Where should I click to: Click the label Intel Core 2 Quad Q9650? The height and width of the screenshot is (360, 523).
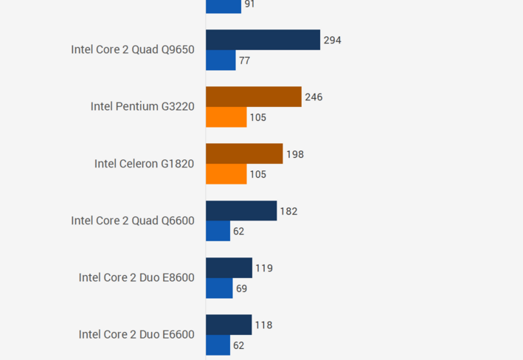[x=133, y=49]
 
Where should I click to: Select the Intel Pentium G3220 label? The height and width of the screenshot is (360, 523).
[x=142, y=106]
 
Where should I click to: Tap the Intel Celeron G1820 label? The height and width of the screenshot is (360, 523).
[x=144, y=164]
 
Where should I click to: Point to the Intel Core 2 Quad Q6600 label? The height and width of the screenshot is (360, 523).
[x=133, y=221]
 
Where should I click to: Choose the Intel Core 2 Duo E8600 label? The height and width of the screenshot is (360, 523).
[x=136, y=277]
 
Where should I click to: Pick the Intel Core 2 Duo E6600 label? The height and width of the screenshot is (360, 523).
[x=136, y=334]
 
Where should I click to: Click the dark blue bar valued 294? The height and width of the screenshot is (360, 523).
[x=263, y=40]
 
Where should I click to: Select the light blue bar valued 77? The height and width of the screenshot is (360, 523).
[x=221, y=60]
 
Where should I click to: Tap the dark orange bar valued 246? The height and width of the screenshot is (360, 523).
[x=254, y=97]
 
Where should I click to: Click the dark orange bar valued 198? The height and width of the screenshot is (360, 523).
[x=244, y=153]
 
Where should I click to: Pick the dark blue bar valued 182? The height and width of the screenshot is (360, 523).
[x=241, y=211]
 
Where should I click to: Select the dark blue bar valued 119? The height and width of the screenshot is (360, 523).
[x=229, y=268]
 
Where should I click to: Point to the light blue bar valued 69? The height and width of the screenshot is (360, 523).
[x=219, y=288]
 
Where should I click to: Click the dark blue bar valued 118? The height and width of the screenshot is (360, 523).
[x=229, y=325]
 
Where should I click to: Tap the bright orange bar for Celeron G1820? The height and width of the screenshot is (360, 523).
[x=226, y=174]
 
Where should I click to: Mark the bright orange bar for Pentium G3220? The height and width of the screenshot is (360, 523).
[x=226, y=117]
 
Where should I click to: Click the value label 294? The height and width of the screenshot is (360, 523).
[x=332, y=41]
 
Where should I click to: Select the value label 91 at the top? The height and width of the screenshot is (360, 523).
[x=250, y=4]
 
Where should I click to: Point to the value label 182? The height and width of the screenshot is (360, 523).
[x=288, y=212]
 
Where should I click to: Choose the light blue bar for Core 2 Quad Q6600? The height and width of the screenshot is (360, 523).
[x=218, y=231]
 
